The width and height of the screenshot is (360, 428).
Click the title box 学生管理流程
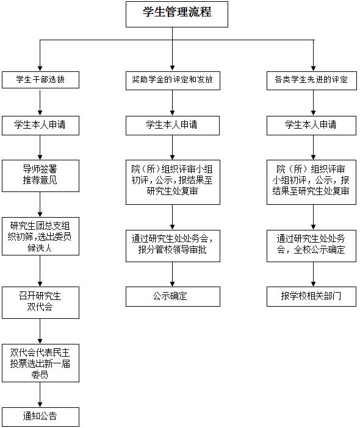click(x=177, y=14)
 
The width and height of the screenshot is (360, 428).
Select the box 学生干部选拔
click(x=40, y=80)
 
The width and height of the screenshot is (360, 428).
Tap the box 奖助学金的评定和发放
click(x=173, y=80)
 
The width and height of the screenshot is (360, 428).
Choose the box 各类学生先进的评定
click(x=312, y=80)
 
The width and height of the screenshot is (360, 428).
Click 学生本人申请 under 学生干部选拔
click(x=40, y=126)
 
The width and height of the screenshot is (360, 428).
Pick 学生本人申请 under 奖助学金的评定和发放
click(x=172, y=126)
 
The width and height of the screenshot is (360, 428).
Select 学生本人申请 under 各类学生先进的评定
click(x=311, y=126)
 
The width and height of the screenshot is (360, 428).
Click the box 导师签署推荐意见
click(x=40, y=176)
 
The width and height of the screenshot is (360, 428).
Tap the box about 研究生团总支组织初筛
click(x=40, y=236)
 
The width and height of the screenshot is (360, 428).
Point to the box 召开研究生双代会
click(x=40, y=302)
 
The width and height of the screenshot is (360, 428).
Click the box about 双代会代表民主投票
click(x=40, y=363)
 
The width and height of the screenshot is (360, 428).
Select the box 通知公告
click(x=40, y=417)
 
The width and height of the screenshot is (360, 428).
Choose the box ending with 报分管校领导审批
click(x=173, y=246)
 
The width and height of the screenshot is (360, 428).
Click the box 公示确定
click(x=173, y=296)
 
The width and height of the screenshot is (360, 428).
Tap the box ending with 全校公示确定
click(x=311, y=246)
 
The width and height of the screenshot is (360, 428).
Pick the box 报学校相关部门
click(x=311, y=296)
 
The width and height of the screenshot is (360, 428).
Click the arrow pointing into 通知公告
click(x=40, y=394)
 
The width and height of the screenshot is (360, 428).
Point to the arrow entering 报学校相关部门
click(x=313, y=274)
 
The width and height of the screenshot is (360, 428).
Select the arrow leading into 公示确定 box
click(x=172, y=274)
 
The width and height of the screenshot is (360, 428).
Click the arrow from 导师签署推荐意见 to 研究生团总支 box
click(x=40, y=204)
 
